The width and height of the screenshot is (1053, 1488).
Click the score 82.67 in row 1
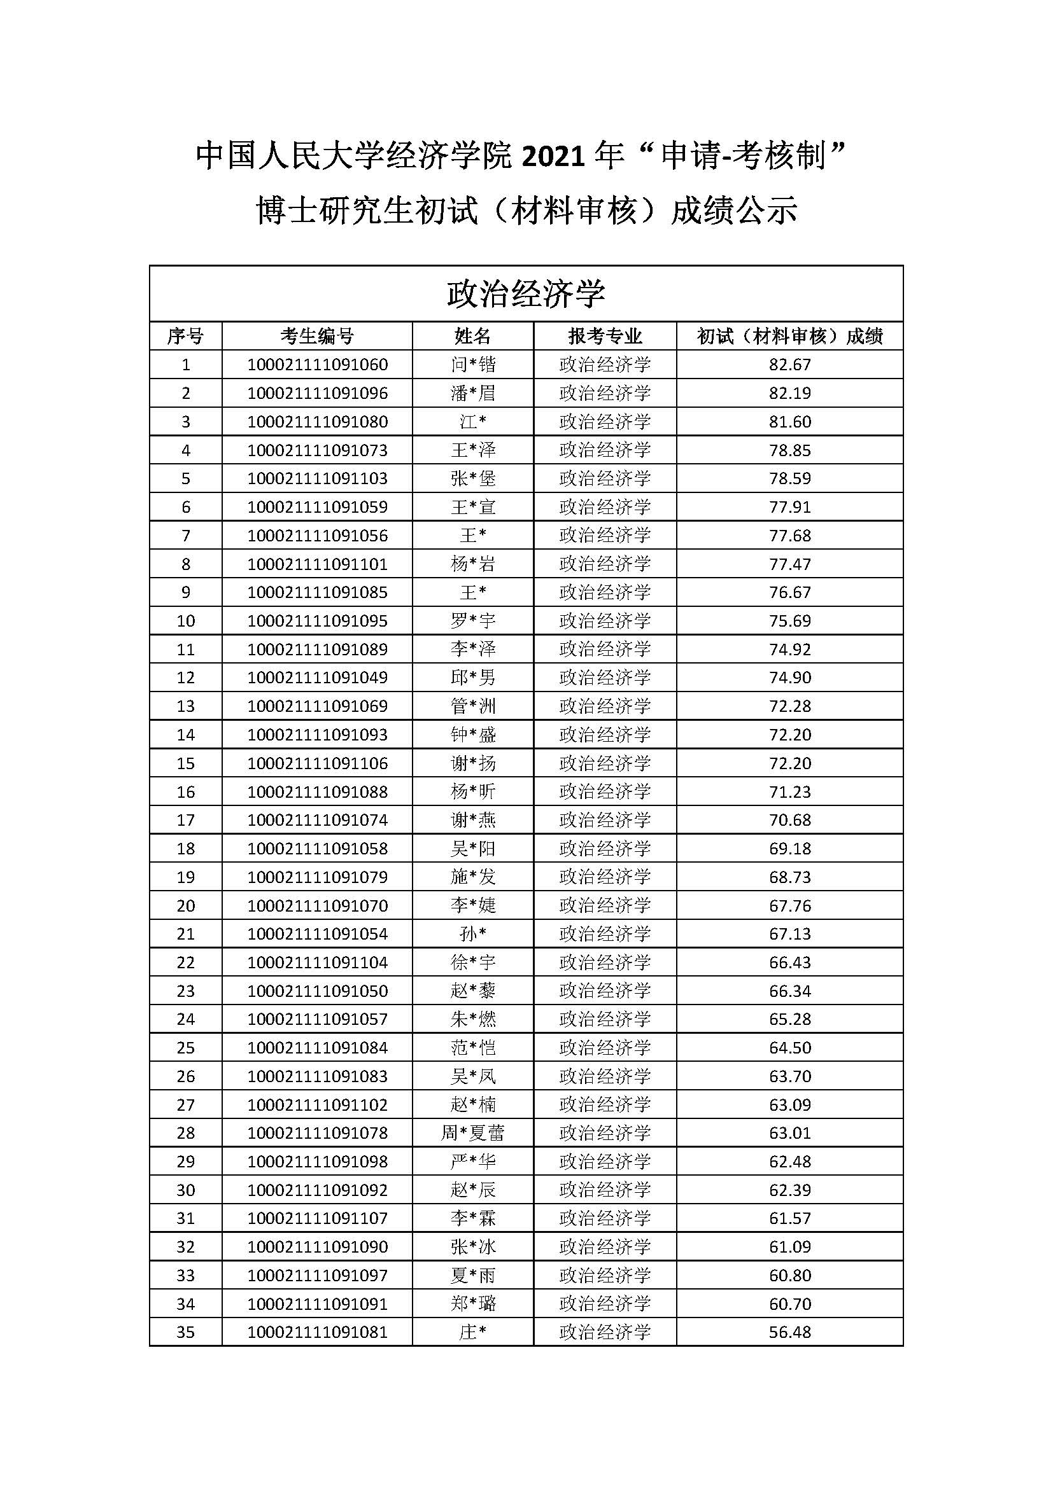(x=789, y=365)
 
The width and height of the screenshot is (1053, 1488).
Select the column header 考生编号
(x=317, y=336)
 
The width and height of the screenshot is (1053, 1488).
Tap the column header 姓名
(x=472, y=336)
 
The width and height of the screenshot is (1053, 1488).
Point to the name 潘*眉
(x=472, y=393)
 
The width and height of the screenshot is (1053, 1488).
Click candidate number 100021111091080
(x=317, y=421)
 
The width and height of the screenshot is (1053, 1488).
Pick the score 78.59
(x=789, y=478)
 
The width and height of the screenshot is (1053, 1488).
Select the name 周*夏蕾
(x=472, y=1133)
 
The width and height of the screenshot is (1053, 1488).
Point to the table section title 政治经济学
(x=526, y=293)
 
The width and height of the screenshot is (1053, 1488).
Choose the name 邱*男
(x=472, y=678)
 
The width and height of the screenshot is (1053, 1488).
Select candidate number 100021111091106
(x=317, y=763)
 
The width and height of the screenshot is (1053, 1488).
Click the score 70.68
(x=789, y=820)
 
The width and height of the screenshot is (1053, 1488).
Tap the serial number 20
(x=185, y=905)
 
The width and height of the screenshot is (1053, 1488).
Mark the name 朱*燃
(x=472, y=1019)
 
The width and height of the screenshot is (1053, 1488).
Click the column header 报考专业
(x=605, y=336)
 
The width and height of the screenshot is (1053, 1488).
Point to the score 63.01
(x=789, y=1133)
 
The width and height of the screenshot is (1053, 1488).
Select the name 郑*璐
(x=472, y=1304)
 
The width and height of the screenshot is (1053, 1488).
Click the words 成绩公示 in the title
(x=734, y=211)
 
